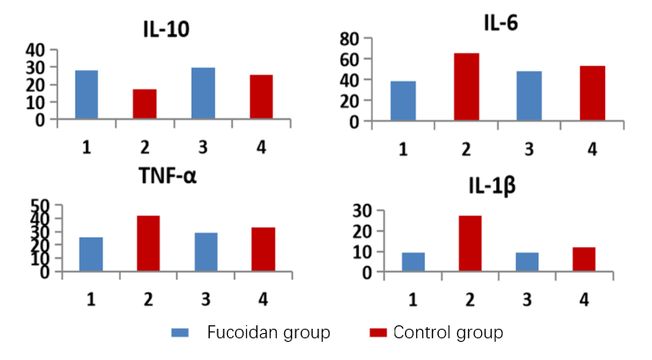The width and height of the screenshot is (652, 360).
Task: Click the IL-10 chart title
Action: (166, 29)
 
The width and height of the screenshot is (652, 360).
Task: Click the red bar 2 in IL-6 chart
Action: (466, 87)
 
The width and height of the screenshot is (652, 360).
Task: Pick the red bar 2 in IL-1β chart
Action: (470, 244)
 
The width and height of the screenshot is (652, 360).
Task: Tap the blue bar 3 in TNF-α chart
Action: (206, 252)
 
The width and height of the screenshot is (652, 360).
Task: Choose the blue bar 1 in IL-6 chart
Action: (403, 101)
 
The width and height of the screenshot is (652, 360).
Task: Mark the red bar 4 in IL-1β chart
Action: (584, 259)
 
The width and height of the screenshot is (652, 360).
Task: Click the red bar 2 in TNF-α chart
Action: (148, 243)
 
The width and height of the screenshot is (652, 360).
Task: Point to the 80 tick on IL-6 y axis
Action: (349, 38)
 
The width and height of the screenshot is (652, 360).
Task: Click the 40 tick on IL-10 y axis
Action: (36, 50)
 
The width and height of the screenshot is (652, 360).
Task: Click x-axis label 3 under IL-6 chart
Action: (529, 149)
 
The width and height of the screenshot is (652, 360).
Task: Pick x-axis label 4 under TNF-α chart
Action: (263, 298)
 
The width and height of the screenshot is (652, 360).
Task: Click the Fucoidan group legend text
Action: (268, 333)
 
